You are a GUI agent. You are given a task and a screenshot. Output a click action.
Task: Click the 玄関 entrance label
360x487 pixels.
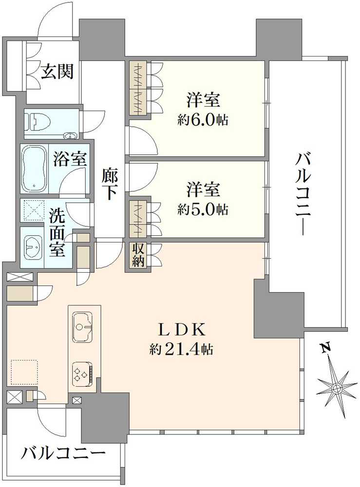tap(57, 72)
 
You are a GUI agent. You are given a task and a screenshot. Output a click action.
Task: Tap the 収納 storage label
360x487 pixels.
tap(138, 255)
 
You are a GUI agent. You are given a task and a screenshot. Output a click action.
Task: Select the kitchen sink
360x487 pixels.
tap(83, 327)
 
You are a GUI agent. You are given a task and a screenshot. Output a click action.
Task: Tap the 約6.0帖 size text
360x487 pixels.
tap(203, 120)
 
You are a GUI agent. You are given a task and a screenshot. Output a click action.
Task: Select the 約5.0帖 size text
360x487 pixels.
tap(203, 209)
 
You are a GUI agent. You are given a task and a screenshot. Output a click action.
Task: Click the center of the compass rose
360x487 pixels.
tap(337, 388)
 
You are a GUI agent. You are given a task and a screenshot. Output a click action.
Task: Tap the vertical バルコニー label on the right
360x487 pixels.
tap(303, 194)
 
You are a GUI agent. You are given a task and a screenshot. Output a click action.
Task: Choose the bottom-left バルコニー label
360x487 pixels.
tap(63, 454)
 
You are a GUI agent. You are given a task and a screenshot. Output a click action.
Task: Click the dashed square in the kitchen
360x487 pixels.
tap(24, 373)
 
